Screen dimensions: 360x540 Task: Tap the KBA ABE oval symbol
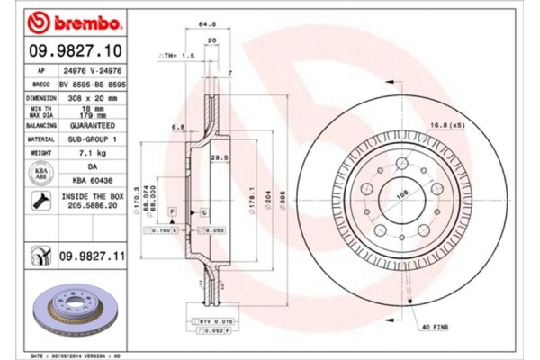tap(41, 174)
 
